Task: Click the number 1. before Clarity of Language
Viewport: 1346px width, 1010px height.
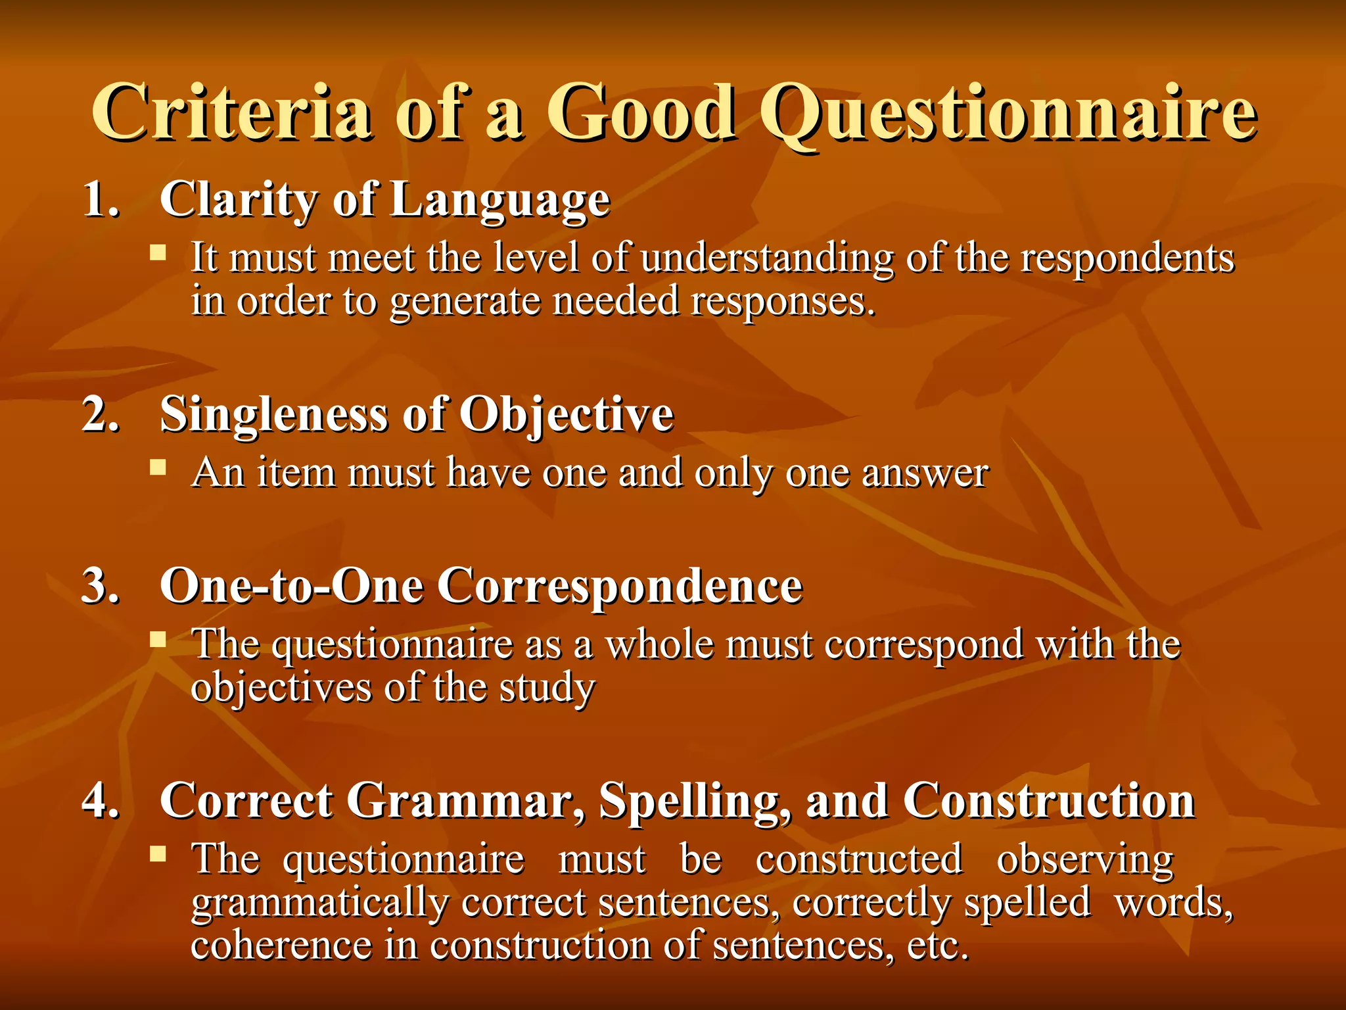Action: click(x=101, y=199)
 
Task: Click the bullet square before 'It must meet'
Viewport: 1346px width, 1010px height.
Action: click(x=158, y=252)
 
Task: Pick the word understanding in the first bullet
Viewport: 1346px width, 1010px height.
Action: click(x=766, y=258)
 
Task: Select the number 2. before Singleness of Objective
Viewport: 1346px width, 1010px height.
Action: click(x=101, y=414)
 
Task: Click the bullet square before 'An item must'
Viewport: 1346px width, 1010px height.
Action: click(x=158, y=468)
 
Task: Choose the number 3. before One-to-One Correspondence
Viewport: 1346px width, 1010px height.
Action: click(x=101, y=585)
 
